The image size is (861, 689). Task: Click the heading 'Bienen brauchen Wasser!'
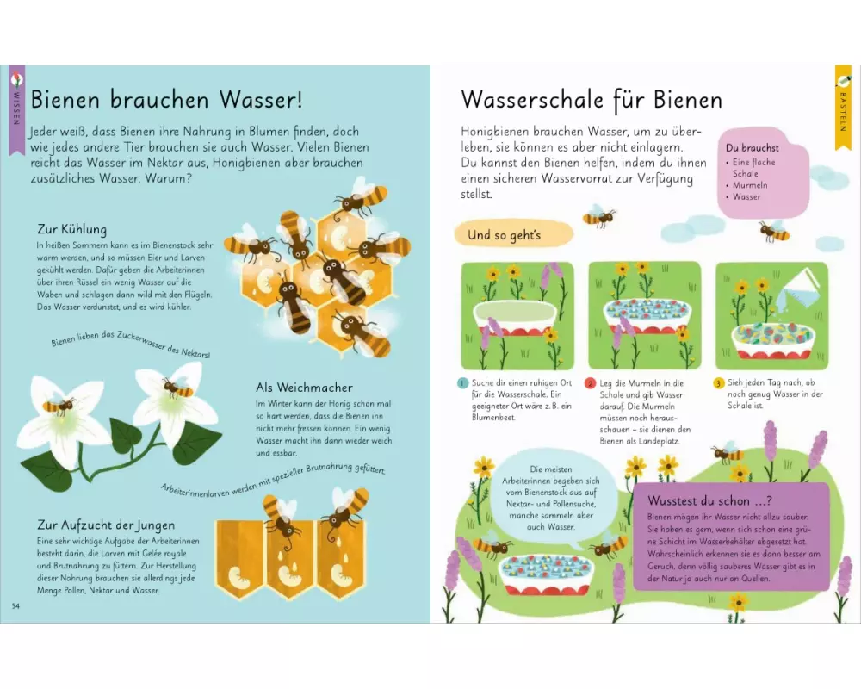pyautogui.click(x=166, y=99)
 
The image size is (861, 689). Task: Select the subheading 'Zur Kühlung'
pyautogui.click(x=72, y=229)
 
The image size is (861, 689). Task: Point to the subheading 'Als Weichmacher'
pyautogui.click(x=304, y=388)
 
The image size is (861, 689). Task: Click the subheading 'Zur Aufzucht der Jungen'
pyautogui.click(x=106, y=525)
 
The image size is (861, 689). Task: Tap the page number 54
pyautogui.click(x=15, y=606)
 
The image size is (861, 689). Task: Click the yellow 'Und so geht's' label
pyautogui.click(x=513, y=234)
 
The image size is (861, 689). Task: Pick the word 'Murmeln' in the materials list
pyautogui.click(x=750, y=185)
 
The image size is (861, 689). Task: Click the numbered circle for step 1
pyautogui.click(x=462, y=383)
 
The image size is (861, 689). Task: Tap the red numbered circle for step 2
pyautogui.click(x=591, y=383)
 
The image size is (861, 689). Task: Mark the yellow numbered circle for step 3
pyautogui.click(x=719, y=383)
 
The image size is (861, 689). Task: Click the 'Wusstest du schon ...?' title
pyautogui.click(x=709, y=500)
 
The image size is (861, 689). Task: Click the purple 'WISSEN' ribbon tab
pyautogui.click(x=17, y=109)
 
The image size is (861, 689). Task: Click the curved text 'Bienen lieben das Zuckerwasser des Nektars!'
pyautogui.click(x=131, y=344)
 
